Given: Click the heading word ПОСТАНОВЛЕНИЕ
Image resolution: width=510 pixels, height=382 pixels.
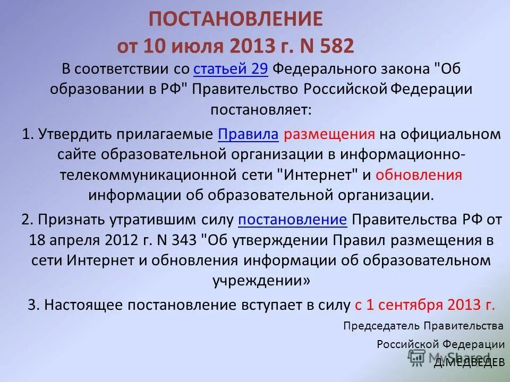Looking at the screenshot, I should pos(235,20).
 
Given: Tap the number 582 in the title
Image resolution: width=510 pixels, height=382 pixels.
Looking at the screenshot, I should pos(335,46).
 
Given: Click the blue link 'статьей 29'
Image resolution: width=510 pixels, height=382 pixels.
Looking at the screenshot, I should pos(234,70).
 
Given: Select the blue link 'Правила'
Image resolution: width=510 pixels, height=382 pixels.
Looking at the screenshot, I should pos(248,134).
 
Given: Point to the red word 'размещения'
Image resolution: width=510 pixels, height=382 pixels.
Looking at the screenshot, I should pos(329,134).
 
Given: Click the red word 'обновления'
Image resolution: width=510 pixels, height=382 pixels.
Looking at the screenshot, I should pos(419,175).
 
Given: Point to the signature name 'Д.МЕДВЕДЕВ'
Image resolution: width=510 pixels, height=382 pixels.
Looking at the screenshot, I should pos(469,363).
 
